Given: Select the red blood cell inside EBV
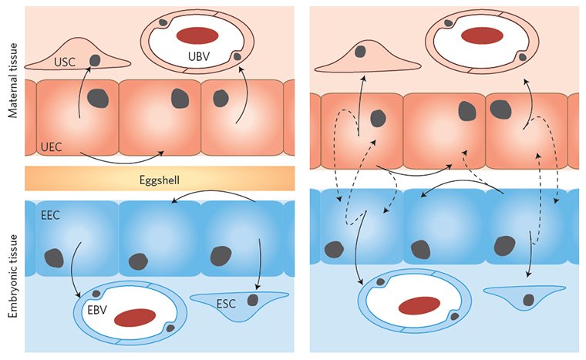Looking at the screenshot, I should tap(139, 318).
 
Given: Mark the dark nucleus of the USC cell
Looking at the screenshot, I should tap(95, 59).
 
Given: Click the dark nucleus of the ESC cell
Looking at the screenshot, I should tap(252, 299).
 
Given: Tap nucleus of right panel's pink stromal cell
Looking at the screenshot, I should tap(361, 51).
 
